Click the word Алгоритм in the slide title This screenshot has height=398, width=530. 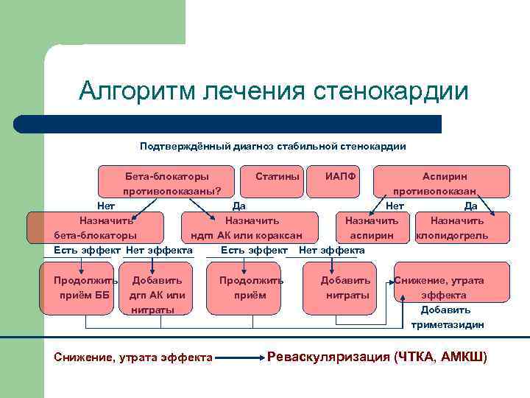click(x=138, y=91)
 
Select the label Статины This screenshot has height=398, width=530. click(x=278, y=177)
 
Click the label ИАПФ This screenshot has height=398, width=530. click(x=340, y=177)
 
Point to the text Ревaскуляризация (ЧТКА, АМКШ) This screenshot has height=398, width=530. click(x=377, y=357)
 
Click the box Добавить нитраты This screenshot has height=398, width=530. click(x=347, y=288)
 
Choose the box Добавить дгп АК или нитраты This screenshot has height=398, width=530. click(x=157, y=295)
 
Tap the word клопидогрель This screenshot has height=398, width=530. click(x=452, y=236)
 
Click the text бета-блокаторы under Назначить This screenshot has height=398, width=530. click(x=95, y=236)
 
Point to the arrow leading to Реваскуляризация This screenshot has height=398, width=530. click(x=240, y=358)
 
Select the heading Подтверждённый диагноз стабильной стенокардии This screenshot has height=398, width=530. click(x=273, y=147)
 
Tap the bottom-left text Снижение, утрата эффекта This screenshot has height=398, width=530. click(x=133, y=358)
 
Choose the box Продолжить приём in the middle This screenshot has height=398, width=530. click(x=251, y=288)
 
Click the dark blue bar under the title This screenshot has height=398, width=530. click(x=243, y=124)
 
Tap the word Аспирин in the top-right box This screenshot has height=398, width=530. click(x=444, y=177)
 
